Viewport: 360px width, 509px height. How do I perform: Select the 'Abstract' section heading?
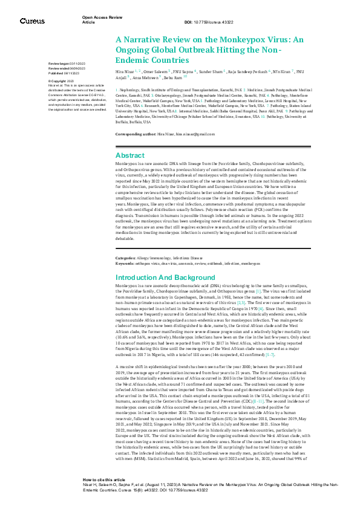pyautogui.click(x=129, y=155)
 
